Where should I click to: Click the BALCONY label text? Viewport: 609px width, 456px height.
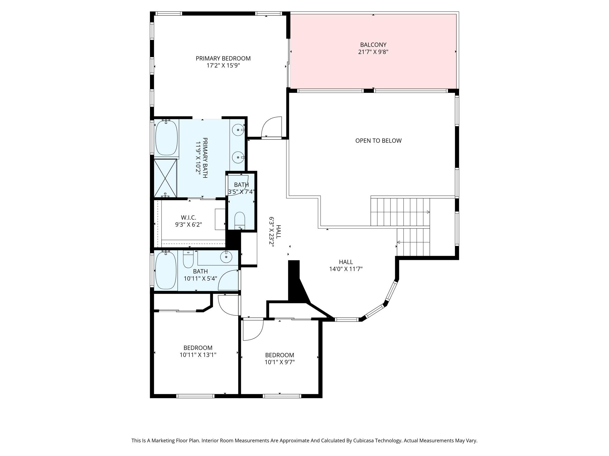pos(373,45)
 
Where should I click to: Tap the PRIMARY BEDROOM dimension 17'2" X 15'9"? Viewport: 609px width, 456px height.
pos(223,66)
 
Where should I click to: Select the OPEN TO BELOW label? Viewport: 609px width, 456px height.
pos(378,141)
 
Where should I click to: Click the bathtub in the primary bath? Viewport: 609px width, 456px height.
pos(167,138)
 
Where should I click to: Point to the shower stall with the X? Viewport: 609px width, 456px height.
pos(165,178)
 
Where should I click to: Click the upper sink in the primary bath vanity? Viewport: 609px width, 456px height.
pos(238,130)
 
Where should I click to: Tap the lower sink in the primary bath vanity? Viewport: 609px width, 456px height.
pos(238,157)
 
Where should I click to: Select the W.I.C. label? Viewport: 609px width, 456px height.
pos(189,217)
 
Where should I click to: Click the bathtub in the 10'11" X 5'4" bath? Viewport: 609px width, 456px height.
pos(166,270)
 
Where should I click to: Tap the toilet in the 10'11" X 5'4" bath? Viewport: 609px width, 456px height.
pos(188,259)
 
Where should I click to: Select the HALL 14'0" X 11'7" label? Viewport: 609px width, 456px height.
pos(346,265)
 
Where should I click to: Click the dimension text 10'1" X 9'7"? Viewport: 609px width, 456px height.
pos(280,362)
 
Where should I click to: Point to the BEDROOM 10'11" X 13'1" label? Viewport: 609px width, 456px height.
pos(198,351)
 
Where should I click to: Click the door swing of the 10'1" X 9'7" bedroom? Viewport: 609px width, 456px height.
pos(252,330)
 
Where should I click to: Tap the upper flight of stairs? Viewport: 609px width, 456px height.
pos(400,212)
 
